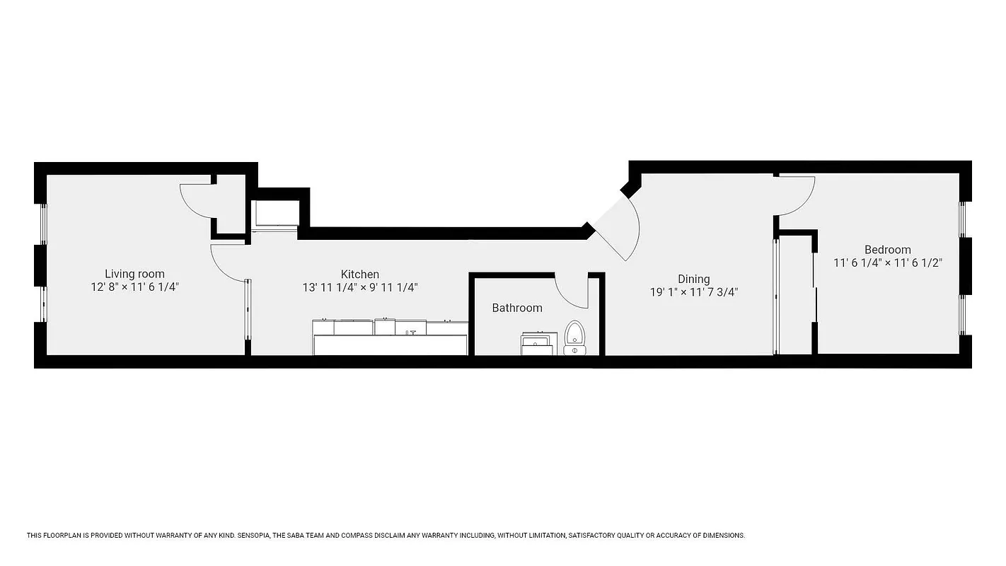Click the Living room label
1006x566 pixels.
134,274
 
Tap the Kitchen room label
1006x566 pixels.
360,274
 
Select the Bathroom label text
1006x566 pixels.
517,308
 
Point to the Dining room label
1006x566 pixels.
693,279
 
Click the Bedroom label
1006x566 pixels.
887,249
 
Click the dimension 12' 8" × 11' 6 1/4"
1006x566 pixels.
134,287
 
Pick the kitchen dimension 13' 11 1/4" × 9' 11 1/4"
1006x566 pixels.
360,287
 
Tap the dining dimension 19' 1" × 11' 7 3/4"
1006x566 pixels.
693,291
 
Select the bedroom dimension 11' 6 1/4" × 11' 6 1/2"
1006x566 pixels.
887,262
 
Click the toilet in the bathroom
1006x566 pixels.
574,337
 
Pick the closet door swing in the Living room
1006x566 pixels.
196,199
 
